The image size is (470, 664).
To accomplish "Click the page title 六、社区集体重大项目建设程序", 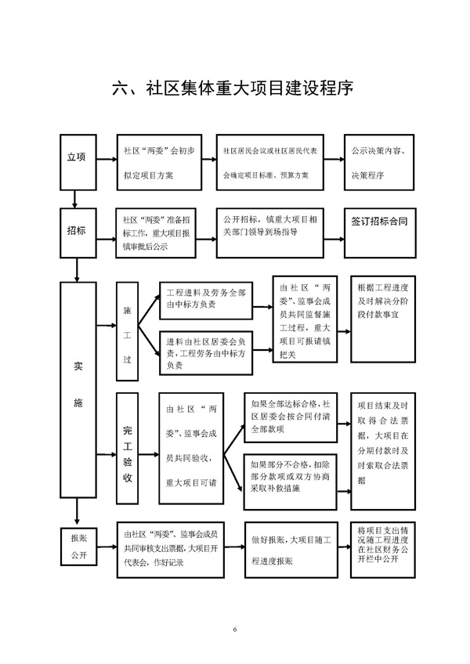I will [234, 88].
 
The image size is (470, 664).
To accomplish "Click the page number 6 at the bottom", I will [234, 630].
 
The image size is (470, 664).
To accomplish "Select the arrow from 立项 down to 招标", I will [75, 196].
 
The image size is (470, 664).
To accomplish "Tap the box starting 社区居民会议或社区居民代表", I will [269, 161].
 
